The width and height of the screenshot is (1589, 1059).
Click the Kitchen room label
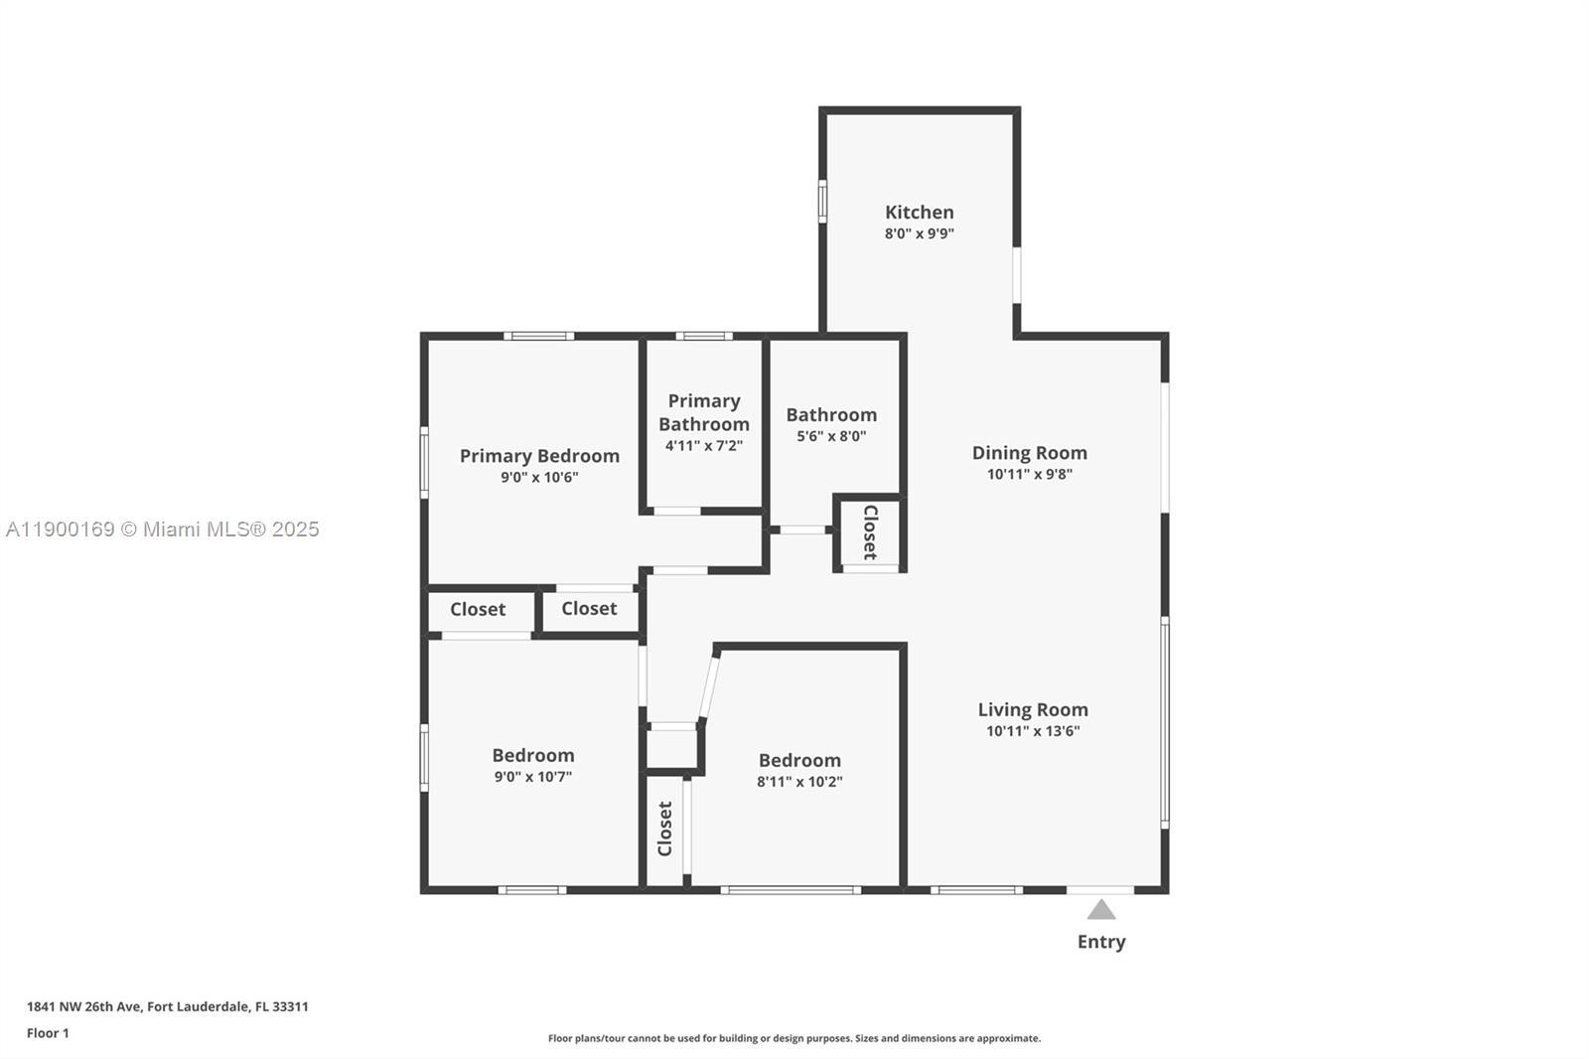919,212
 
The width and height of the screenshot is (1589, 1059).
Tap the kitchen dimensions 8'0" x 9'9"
919,234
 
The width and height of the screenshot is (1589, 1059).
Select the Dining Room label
1029,453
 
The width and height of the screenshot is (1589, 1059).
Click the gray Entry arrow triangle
1100,910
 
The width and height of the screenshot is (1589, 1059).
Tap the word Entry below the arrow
1100,942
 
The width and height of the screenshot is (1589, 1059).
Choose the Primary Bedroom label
539,456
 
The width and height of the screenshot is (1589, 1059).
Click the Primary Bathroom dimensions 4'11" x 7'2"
703,446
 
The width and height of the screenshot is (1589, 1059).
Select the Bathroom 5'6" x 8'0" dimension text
831,436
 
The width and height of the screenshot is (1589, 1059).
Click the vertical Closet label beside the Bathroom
870,532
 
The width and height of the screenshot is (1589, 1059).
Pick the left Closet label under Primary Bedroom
478,609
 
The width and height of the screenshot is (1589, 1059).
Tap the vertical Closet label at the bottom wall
665,829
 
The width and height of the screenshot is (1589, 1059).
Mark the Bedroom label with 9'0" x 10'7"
532,756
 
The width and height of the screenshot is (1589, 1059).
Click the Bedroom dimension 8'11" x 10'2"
798,782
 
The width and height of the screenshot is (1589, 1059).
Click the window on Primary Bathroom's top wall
703,336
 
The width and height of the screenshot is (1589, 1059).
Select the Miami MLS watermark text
163,529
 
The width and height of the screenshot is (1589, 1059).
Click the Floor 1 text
48,1033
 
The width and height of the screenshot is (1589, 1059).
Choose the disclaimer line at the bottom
794,1038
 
